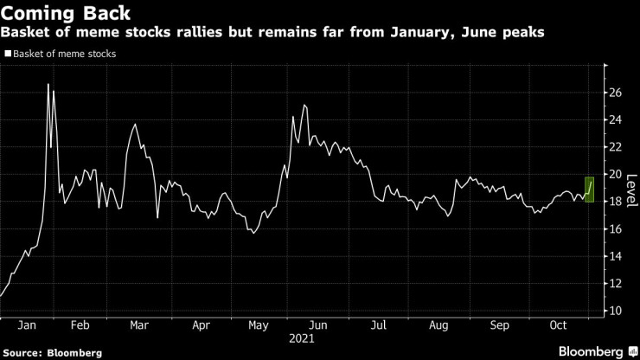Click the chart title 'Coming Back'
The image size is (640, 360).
click(67, 13)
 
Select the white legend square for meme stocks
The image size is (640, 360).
click(8, 54)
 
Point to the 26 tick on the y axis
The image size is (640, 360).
click(614, 92)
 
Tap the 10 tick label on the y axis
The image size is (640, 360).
click(614, 311)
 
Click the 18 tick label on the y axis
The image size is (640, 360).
click(614, 202)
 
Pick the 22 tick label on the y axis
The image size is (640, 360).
click(614, 146)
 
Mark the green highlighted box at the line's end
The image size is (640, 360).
click(589, 188)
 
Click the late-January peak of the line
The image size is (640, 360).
click(48, 84)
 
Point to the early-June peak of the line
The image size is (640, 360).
click(304, 105)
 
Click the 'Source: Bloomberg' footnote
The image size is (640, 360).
click(53, 352)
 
